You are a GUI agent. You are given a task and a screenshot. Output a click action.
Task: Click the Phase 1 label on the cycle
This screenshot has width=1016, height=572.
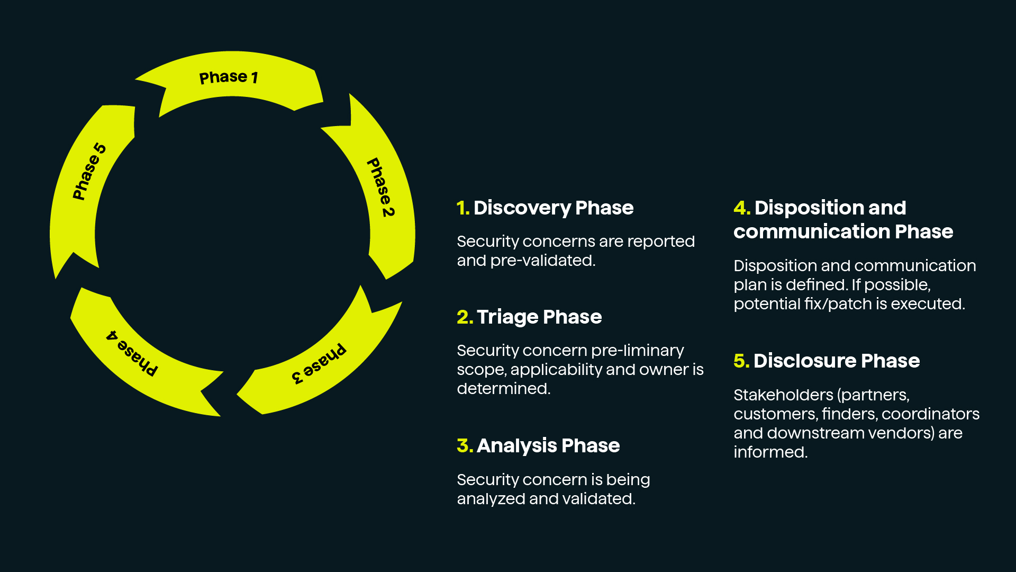[x=229, y=77]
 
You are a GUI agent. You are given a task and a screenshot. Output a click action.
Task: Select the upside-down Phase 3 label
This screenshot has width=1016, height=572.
[x=319, y=364]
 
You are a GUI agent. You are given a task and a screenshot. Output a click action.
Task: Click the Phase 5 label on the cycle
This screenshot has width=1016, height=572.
[x=89, y=172]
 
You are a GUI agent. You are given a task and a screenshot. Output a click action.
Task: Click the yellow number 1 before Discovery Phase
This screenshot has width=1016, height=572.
[x=462, y=208]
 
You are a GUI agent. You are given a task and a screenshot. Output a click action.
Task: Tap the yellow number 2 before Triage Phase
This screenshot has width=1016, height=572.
[x=464, y=317]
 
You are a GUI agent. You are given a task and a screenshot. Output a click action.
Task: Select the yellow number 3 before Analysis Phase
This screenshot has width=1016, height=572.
[x=464, y=446]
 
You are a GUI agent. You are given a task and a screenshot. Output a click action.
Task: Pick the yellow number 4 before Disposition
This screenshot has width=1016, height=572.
[x=741, y=208]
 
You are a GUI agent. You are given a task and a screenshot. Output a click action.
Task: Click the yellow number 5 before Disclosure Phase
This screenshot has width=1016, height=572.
[x=741, y=361]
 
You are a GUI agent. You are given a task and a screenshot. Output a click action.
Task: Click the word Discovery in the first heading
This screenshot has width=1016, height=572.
[x=522, y=208]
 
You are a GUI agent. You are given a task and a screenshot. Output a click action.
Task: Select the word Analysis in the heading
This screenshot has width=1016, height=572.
[x=516, y=446]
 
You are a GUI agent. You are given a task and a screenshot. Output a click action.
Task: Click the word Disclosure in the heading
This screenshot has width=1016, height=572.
[x=804, y=361]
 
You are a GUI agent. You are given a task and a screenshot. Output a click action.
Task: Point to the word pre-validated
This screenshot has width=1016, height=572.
[x=542, y=261]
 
